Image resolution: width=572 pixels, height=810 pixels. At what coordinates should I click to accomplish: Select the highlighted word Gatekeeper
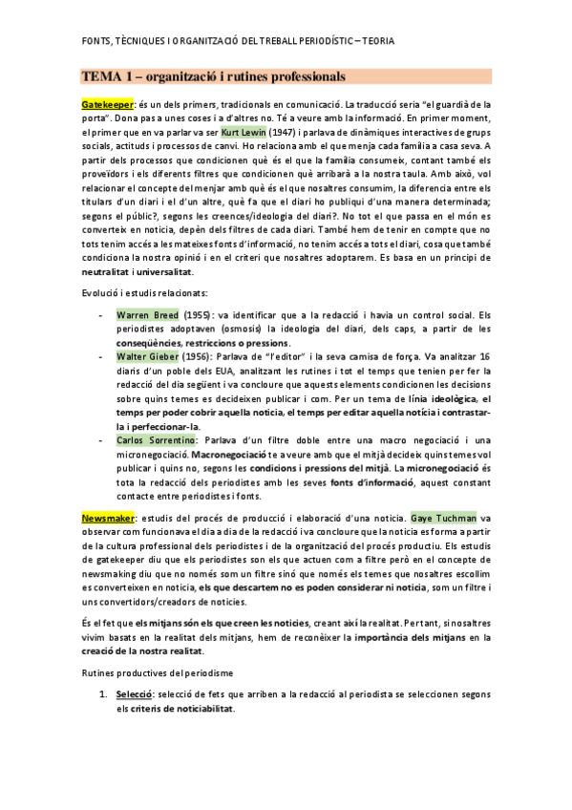coord(107,104)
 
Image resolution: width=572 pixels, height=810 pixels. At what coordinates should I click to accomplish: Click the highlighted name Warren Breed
coord(147,314)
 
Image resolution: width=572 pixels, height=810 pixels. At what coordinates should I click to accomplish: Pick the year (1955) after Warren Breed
coord(198,314)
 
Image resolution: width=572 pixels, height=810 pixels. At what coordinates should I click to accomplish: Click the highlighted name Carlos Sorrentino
coord(158,439)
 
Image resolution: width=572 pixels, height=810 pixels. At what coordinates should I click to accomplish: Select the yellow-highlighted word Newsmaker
coord(108,517)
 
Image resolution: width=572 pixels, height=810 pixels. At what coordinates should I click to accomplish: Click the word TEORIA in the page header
coord(375,41)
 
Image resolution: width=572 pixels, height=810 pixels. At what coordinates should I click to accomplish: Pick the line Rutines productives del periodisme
coord(155,672)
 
